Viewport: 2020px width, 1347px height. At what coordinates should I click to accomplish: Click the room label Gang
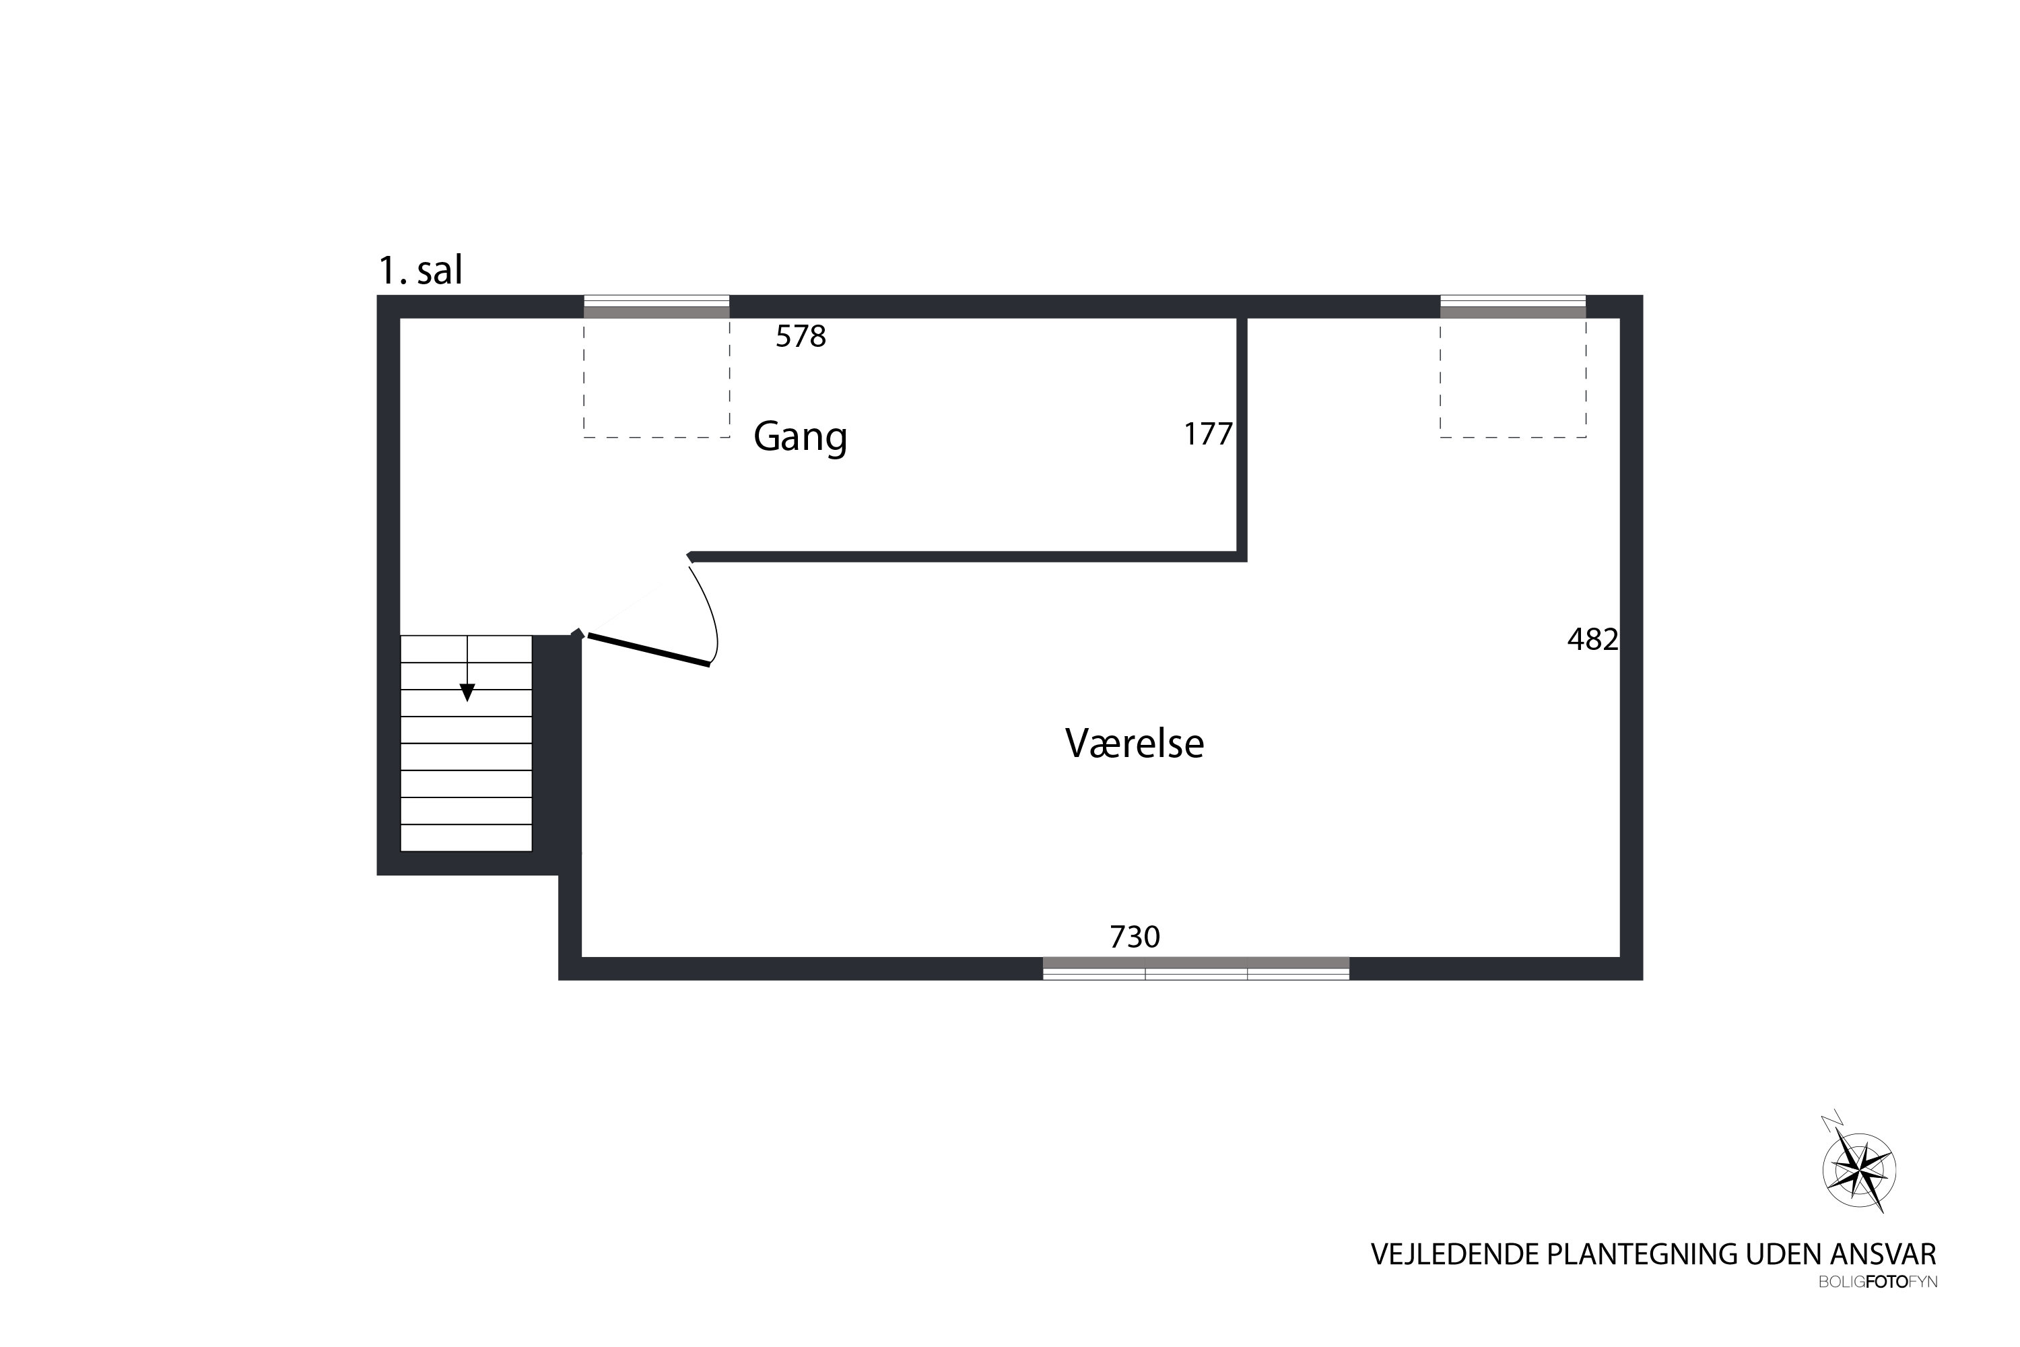pyautogui.click(x=801, y=437)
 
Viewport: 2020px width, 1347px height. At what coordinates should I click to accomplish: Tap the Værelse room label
pyautogui.click(x=1134, y=743)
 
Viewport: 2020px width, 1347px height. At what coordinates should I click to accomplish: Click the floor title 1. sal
pyautogui.click(x=421, y=271)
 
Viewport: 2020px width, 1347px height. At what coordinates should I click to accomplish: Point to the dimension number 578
pyautogui.click(x=801, y=337)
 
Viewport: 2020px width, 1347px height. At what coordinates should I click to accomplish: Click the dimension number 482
pyautogui.click(x=1593, y=639)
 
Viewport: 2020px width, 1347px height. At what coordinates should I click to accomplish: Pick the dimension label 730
pyautogui.click(x=1135, y=936)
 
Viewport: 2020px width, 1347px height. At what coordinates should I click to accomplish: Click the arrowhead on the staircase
pyautogui.click(x=467, y=692)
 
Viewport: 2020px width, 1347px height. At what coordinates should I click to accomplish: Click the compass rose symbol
pyautogui.click(x=1859, y=1169)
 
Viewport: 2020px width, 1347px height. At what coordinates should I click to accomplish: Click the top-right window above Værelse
pyautogui.click(x=1513, y=306)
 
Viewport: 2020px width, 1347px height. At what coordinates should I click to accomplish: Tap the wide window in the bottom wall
pyautogui.click(x=1196, y=968)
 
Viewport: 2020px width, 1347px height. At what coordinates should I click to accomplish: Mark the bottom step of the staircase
pyautogui.click(x=467, y=838)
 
